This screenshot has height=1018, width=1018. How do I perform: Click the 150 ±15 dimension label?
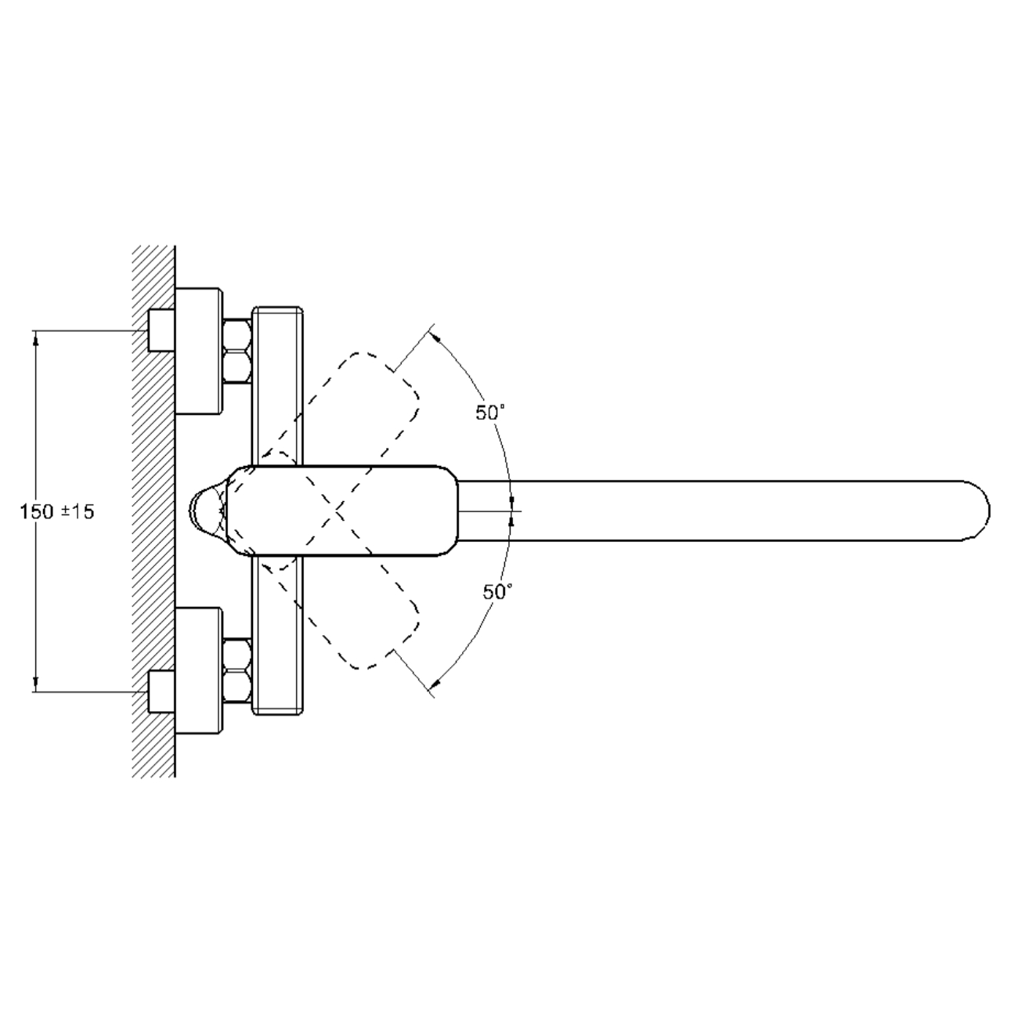click(x=57, y=511)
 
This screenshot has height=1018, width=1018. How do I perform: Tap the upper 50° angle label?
click(x=490, y=413)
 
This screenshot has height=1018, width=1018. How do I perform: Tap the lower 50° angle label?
click(x=497, y=592)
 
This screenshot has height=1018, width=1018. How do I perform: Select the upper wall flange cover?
click(x=198, y=352)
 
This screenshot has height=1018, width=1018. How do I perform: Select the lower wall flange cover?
click(x=198, y=671)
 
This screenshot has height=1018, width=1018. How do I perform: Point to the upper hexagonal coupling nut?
click(x=236, y=351)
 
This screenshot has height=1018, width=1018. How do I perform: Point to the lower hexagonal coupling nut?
click(x=236, y=671)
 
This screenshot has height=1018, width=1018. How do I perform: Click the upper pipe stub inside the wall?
click(x=161, y=330)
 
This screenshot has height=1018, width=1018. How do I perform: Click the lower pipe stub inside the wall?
click(x=161, y=691)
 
